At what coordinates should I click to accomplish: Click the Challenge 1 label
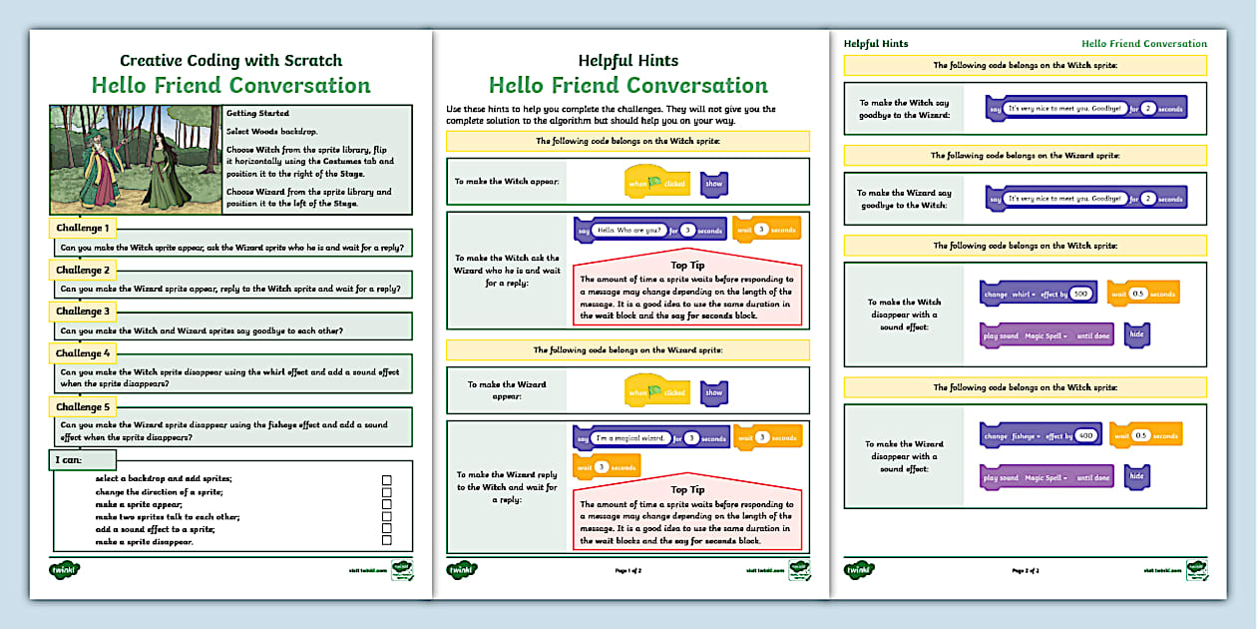(83, 229)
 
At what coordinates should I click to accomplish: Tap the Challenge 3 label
(83, 312)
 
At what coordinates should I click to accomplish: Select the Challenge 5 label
(83, 406)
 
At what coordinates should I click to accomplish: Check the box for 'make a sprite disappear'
(387, 541)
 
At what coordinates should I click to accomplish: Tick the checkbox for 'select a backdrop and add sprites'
(387, 480)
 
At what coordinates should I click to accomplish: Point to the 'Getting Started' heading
(257, 114)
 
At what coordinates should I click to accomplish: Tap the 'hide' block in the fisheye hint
(1136, 477)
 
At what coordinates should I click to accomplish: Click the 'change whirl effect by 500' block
(1039, 295)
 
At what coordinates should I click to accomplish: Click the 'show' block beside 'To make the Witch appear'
(713, 184)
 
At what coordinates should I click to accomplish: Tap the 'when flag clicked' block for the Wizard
(656, 392)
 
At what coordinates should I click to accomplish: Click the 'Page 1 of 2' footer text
(628, 570)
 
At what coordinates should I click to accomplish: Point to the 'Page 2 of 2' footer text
(1026, 570)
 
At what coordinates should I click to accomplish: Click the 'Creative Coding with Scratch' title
(230, 61)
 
